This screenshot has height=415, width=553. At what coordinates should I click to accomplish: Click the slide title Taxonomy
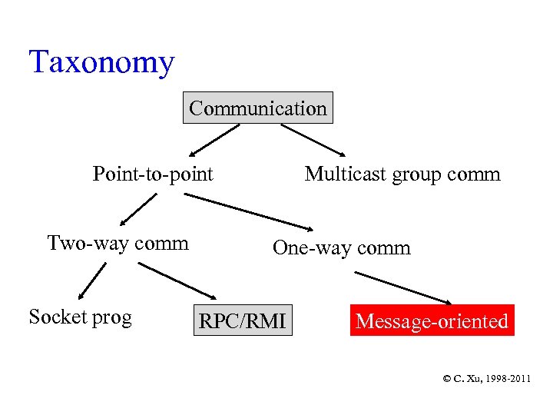click(x=101, y=62)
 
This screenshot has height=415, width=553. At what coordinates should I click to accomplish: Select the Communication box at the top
click(x=258, y=108)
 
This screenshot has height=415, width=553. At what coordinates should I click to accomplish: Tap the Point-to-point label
click(x=153, y=174)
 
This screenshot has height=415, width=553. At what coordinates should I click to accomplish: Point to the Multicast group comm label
click(x=402, y=174)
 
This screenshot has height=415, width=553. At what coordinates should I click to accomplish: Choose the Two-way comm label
click(x=118, y=244)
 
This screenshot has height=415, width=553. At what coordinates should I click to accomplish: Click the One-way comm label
click(x=342, y=248)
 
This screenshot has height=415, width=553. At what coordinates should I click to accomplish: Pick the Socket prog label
click(x=80, y=317)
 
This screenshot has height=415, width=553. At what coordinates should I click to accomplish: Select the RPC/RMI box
click(x=243, y=321)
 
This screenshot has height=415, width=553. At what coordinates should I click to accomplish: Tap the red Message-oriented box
click(x=432, y=320)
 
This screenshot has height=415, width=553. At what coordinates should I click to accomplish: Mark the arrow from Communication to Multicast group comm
click(x=313, y=140)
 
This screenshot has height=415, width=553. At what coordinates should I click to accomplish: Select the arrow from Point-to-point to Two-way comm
click(x=138, y=208)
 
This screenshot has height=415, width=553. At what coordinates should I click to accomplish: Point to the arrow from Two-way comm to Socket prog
click(x=92, y=281)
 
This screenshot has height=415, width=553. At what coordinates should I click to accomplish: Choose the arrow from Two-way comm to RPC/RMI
click(x=177, y=281)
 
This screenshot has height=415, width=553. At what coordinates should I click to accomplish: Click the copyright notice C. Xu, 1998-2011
click(x=486, y=378)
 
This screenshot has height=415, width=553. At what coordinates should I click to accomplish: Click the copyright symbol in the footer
click(x=447, y=378)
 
